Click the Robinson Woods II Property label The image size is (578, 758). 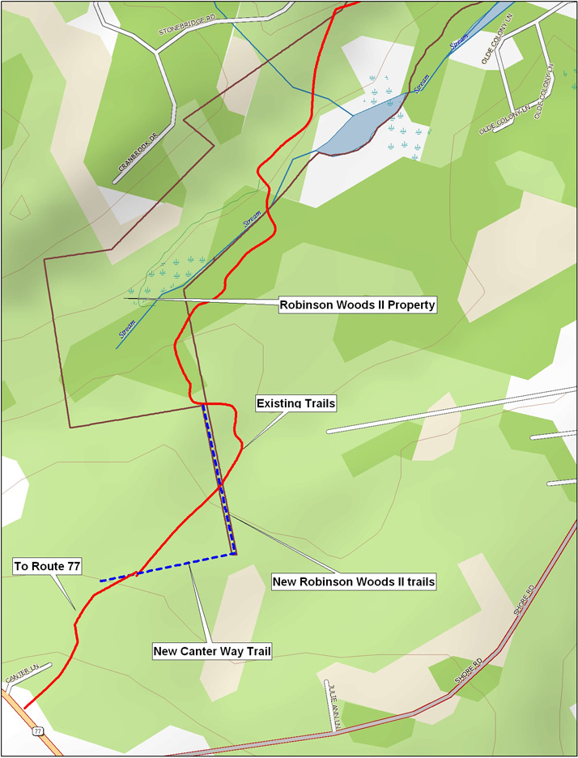[x=358, y=305]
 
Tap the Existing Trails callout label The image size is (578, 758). [x=295, y=402]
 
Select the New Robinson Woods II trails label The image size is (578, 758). [x=354, y=581]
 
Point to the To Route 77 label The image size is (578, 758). [x=47, y=567]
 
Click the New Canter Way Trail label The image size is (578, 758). [x=212, y=651]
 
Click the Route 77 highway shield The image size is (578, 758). [x=38, y=730]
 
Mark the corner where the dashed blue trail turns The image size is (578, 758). [x=233, y=554]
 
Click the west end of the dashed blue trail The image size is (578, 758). [x=100, y=581]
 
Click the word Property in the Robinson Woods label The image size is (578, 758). [x=409, y=305]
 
